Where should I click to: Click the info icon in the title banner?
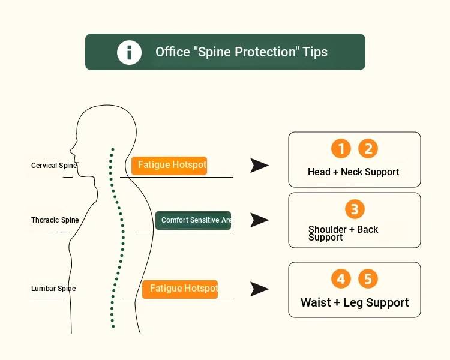click(x=129, y=52)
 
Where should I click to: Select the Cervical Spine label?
click(x=54, y=166)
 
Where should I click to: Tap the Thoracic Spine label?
click(x=55, y=220)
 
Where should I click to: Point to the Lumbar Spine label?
click(x=53, y=288)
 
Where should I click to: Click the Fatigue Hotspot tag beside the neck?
click(x=169, y=166)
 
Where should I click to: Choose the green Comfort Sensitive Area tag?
click(x=193, y=220)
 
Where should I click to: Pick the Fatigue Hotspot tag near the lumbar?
click(x=180, y=289)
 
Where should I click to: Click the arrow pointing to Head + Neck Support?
click(x=259, y=166)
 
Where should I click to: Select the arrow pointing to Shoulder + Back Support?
click(x=259, y=220)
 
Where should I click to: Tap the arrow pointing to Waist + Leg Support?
click(x=259, y=289)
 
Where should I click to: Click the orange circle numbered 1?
click(x=341, y=148)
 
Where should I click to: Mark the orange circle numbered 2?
click(x=368, y=148)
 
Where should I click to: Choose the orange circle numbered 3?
click(x=355, y=209)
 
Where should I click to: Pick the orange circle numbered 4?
click(x=341, y=278)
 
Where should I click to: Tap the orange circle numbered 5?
click(x=368, y=278)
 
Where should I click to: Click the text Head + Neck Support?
click(x=353, y=172)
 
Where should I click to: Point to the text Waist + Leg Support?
click(x=355, y=302)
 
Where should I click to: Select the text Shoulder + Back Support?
click(x=343, y=233)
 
